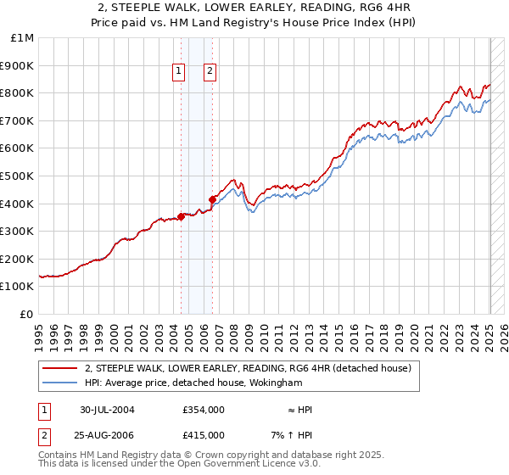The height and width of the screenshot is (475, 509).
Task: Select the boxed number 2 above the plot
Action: click(x=210, y=72)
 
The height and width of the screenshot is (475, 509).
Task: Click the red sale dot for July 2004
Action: click(x=182, y=215)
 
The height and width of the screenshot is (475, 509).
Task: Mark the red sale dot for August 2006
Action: click(x=212, y=199)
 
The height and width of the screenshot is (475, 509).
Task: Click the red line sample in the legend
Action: click(x=59, y=368)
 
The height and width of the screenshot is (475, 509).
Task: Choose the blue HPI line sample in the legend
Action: click(x=59, y=383)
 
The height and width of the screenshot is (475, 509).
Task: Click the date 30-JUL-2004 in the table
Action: click(x=107, y=410)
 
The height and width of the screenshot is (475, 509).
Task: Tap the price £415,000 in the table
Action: click(x=203, y=434)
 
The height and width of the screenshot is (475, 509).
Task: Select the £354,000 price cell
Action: click(x=203, y=410)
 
